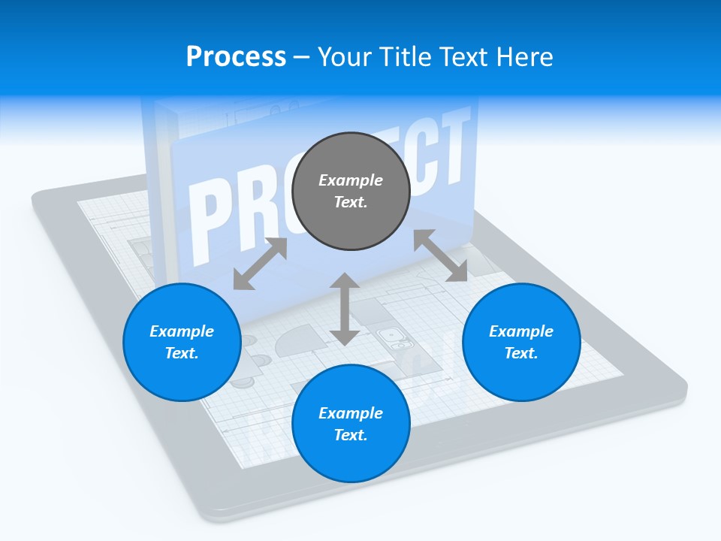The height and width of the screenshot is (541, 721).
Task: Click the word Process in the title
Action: [236, 56]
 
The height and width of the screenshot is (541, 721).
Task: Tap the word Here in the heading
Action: [526, 56]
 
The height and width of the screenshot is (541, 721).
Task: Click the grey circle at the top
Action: [351, 191]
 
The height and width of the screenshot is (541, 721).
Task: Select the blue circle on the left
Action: [182, 342]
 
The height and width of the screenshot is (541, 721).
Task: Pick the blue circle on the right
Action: [521, 342]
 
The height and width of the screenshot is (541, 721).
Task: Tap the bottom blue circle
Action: [351, 424]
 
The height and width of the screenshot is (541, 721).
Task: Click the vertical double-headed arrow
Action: [345, 309]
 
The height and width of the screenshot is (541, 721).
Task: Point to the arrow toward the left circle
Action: [260, 264]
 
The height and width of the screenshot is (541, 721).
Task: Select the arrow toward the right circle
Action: [441, 255]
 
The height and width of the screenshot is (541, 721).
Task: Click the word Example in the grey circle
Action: [351, 180]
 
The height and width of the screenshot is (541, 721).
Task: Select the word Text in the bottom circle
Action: [351, 435]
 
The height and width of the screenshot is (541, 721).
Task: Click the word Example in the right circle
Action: [521, 331]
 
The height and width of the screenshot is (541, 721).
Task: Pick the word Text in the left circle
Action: [182, 353]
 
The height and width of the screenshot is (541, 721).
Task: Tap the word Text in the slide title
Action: [463, 56]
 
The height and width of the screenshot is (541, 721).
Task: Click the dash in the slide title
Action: [302, 57]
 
